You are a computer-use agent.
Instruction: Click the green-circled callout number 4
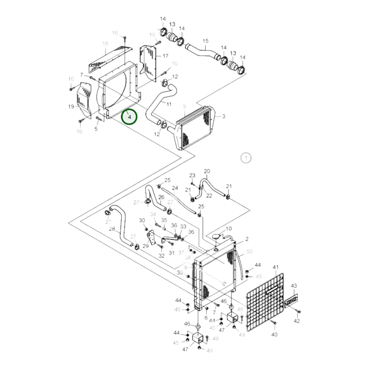click(x=129, y=117)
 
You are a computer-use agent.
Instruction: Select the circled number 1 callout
click(x=246, y=158)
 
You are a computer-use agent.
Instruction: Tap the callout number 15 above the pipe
click(x=205, y=41)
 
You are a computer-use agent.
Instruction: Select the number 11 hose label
click(x=169, y=104)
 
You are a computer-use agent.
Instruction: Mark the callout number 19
click(x=71, y=106)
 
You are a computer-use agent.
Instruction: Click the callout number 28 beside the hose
click(x=112, y=229)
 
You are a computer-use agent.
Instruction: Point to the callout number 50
click(x=249, y=252)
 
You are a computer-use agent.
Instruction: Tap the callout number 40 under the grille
click(x=274, y=335)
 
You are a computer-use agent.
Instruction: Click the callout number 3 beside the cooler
click(x=223, y=116)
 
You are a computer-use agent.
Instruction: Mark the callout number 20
click(x=207, y=171)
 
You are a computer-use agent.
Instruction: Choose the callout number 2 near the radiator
click(x=247, y=239)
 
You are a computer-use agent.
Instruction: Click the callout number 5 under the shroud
click(x=96, y=129)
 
